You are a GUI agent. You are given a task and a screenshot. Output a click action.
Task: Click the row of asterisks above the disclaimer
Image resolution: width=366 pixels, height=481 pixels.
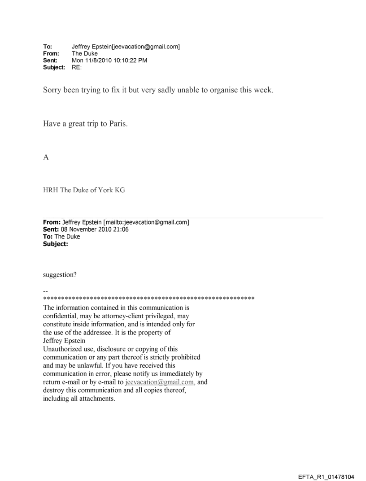[x=148, y=299]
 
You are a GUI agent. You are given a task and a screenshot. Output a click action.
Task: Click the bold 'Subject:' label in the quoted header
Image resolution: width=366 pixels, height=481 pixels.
[x=55, y=243]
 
